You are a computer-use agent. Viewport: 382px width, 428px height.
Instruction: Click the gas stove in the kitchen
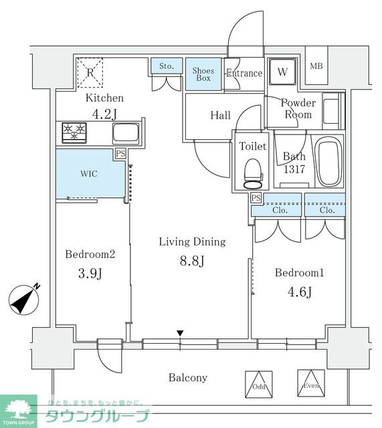74,132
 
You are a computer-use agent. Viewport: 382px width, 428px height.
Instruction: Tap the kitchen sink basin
126,133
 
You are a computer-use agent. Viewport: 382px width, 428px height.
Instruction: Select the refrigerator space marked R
90,73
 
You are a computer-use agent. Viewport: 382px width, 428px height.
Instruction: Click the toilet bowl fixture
253,174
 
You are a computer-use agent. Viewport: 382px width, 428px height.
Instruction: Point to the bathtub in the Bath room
328,162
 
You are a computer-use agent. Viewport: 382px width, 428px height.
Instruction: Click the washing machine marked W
282,72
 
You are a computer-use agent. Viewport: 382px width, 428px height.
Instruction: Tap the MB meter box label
316,66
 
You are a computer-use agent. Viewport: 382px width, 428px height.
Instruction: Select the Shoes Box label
203,74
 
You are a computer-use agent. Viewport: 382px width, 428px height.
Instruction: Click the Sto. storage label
167,66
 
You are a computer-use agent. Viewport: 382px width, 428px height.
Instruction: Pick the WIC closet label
89,174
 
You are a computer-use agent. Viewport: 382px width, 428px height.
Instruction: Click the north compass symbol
24,300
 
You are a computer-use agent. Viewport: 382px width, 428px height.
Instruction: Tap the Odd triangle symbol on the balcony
259,385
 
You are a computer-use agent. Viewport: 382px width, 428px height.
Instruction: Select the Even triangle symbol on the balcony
311,383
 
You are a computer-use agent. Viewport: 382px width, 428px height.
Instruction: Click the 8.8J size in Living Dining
192,261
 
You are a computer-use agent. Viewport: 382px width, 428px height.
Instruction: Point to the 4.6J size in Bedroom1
300,292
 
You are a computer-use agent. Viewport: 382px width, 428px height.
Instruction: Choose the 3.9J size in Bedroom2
90,274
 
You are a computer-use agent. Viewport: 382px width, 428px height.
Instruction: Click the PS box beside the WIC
120,153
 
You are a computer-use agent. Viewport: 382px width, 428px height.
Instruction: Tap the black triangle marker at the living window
180,333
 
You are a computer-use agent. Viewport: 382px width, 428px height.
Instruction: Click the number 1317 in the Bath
294,169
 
